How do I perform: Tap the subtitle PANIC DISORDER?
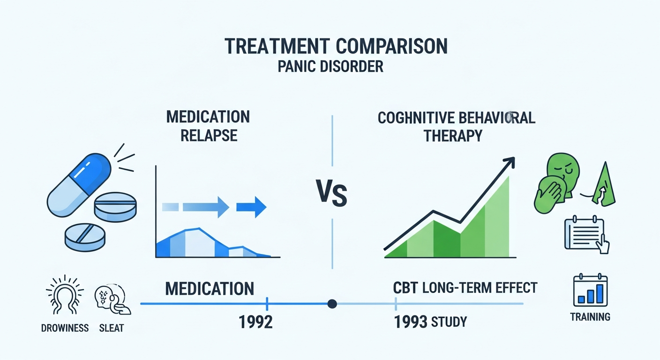(x=330, y=67)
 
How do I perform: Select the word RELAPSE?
(x=209, y=135)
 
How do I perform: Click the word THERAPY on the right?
(x=453, y=136)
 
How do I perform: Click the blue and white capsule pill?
(x=79, y=185)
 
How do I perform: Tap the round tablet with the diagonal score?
(x=85, y=237)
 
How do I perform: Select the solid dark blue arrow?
(x=251, y=207)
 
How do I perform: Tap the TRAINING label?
(x=590, y=317)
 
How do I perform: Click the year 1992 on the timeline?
(x=255, y=322)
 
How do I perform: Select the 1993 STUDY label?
(x=430, y=322)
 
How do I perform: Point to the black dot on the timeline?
(x=332, y=304)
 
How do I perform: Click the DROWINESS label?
(x=65, y=328)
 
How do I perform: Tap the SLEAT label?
(x=112, y=328)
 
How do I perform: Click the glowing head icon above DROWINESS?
(x=65, y=294)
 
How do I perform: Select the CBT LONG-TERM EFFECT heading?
(x=465, y=288)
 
